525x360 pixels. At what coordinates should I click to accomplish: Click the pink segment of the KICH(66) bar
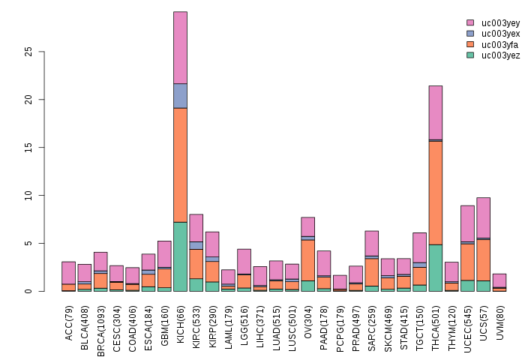pos(180,48)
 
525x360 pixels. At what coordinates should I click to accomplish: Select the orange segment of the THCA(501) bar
pos(435,193)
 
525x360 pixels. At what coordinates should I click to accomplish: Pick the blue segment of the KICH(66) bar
pos(180,96)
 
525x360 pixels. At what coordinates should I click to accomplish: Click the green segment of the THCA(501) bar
pos(435,268)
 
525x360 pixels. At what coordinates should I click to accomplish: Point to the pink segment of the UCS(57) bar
pos(483,217)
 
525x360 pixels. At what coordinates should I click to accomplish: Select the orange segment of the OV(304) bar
pos(307,260)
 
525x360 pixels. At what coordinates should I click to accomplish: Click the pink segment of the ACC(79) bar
pos(68,273)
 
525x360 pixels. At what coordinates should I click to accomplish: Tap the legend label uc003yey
pos(500,23)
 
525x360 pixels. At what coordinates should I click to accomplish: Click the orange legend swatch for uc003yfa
pos(470,44)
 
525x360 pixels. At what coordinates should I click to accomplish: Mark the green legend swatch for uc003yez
pos(470,55)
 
